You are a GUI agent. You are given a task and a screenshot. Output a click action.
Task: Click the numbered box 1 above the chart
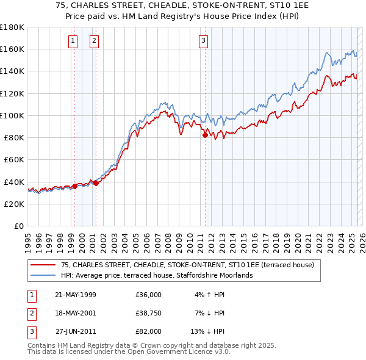tap(73, 41)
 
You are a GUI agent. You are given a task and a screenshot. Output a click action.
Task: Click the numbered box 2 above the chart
tap(95, 41)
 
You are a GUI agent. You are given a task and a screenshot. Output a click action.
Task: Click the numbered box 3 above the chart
tap(203, 41)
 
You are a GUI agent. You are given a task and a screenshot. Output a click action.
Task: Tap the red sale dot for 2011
tap(205, 135)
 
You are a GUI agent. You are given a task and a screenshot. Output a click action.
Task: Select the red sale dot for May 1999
tap(74, 186)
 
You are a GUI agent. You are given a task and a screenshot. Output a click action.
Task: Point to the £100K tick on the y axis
tap(12, 115)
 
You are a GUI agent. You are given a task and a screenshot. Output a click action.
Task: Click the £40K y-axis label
tap(12, 182)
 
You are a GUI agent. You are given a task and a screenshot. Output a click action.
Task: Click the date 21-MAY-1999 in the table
tap(75, 295)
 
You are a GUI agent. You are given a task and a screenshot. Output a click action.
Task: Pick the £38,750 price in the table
tap(149, 313)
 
